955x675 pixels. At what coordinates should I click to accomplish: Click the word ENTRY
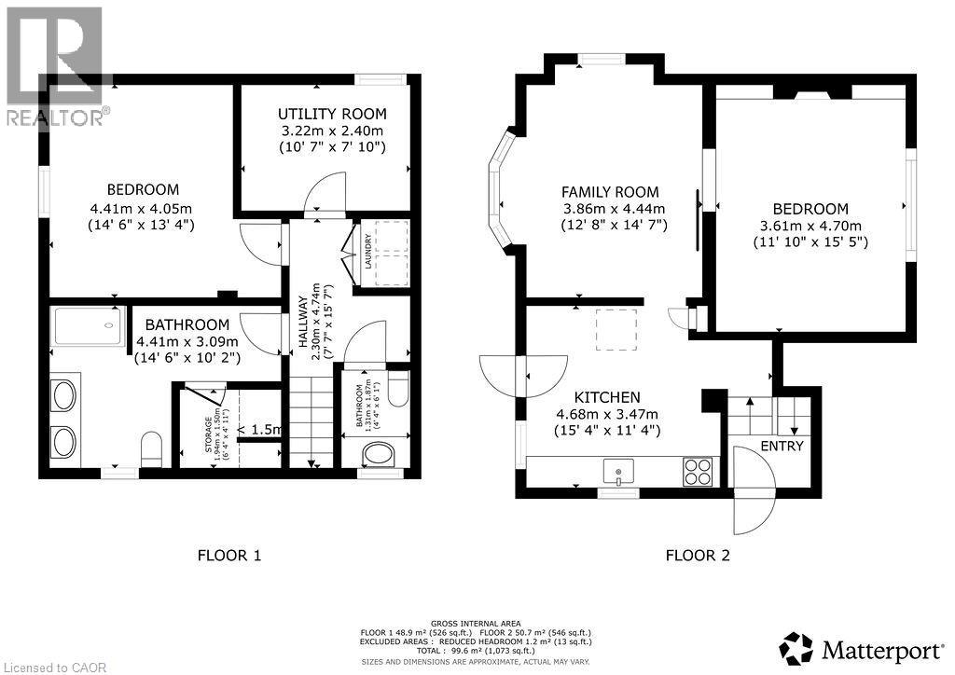(781, 447)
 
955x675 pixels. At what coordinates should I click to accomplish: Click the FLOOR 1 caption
(228, 557)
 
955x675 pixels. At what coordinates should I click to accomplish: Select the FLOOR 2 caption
(697, 557)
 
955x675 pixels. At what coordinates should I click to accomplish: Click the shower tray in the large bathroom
(87, 326)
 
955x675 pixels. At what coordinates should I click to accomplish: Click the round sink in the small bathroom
(379, 456)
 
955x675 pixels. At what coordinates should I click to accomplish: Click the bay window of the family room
(500, 191)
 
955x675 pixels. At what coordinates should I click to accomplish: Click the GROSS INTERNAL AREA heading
(476, 623)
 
